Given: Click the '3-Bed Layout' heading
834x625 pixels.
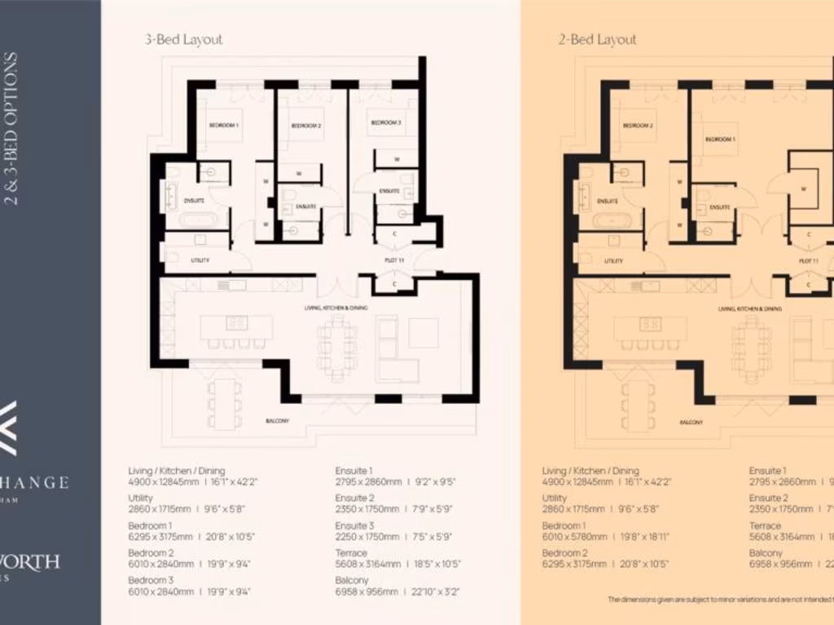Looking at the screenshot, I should point(183,39).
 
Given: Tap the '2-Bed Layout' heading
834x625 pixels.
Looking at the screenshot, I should point(597,39).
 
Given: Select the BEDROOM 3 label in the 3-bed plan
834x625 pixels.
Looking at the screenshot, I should point(385,123).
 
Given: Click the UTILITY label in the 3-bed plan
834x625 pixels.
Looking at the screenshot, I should point(200,260).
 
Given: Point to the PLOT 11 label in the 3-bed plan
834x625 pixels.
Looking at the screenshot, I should point(395,260).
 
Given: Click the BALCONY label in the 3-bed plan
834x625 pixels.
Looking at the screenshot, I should point(278,422).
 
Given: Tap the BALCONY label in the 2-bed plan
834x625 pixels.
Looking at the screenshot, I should point(691,422).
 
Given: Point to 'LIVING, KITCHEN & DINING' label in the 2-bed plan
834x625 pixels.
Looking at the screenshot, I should point(750,309).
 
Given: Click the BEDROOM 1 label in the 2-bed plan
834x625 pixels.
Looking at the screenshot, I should point(720,139).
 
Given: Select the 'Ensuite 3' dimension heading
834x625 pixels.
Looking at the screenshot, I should point(354,526).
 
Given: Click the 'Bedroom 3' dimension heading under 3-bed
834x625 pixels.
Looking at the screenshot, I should point(151,580).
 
